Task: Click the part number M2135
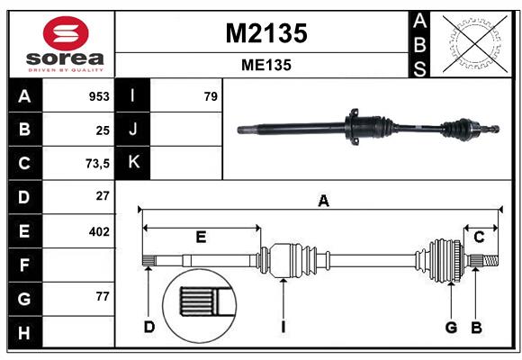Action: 265,33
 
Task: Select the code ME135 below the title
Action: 265,65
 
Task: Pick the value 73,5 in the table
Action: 96,163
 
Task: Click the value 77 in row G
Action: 102,296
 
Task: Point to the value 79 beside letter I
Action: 211,96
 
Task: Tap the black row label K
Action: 133,163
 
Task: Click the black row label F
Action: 24,265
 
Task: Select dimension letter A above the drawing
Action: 323,202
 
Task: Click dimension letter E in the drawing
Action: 201,237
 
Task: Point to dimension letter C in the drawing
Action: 479,237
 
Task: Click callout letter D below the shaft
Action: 149,327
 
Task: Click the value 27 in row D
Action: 102,195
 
